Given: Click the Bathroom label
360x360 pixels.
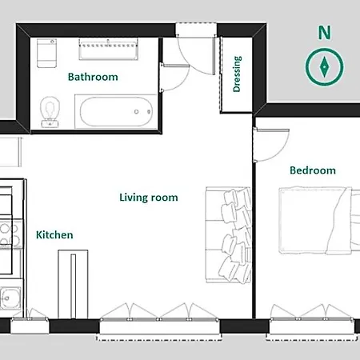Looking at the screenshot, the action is pyautogui.click(x=93, y=77).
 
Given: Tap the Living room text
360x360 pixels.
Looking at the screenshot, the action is pyautogui.click(x=149, y=198).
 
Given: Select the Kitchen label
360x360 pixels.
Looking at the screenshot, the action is pyautogui.click(x=54, y=235).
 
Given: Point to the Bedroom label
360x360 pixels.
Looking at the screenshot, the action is pyautogui.click(x=313, y=170).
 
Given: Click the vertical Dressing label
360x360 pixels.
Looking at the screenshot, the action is pyautogui.click(x=237, y=74).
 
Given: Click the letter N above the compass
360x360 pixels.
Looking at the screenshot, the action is pyautogui.click(x=325, y=33).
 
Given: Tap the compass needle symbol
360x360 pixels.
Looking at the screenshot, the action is pyautogui.click(x=324, y=66).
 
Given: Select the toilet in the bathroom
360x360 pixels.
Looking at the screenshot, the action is pyautogui.click(x=50, y=112).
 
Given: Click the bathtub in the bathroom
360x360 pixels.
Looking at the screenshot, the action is pyautogui.click(x=115, y=111).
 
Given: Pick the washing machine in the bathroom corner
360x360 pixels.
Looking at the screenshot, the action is pyautogui.click(x=46, y=53).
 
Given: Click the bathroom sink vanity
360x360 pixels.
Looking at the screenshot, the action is pyautogui.click(x=109, y=50).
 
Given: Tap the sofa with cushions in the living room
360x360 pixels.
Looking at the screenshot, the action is pyautogui.click(x=228, y=235).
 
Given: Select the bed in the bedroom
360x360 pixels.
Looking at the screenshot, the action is pyautogui.click(x=319, y=220).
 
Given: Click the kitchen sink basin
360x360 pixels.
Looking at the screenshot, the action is pyautogui.click(x=10, y=298).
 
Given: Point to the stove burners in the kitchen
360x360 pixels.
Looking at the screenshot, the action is pyautogui.click(x=10, y=234).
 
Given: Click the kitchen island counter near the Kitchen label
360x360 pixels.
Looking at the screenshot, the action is pyautogui.click(x=73, y=284).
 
